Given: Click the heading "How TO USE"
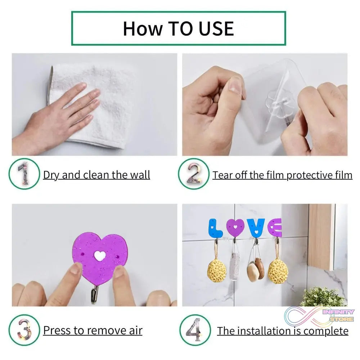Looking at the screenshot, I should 178,28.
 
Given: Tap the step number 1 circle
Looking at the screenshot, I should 24,175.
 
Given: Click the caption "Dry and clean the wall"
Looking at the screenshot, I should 96,175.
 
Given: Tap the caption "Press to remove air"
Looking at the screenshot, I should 93,330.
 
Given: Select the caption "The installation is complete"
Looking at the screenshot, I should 283,331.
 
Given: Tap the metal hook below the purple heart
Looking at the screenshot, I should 95,294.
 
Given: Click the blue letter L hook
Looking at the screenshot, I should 215,228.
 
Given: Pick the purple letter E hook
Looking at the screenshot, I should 275,228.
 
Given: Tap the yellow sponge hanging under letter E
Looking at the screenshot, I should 277,271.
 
